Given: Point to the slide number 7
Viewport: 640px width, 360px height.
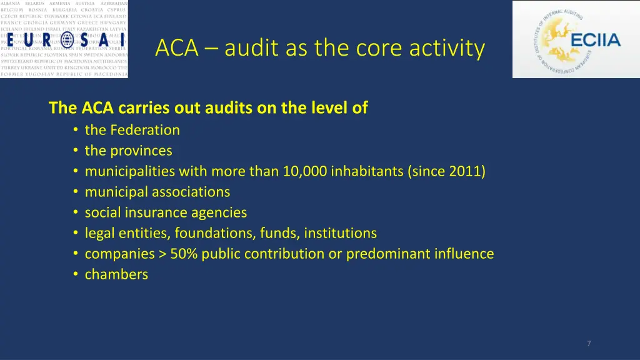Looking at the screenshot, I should [589, 343].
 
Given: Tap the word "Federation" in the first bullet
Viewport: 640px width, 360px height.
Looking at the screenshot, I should [145, 130].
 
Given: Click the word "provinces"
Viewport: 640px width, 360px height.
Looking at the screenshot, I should [141, 151].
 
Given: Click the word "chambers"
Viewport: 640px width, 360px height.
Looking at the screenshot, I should [116, 274].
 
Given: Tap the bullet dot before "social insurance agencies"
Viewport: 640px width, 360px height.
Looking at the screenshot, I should [74, 212].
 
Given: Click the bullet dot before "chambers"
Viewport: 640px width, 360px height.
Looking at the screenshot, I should [74, 274].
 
